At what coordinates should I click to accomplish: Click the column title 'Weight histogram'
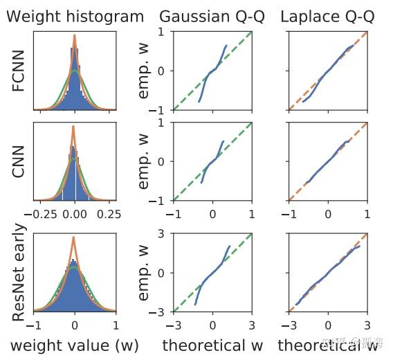pos(75,17)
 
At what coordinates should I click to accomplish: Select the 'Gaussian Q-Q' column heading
pos(212,17)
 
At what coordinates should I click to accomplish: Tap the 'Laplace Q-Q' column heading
pos(327,17)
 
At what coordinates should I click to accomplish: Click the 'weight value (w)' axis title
pos(74,345)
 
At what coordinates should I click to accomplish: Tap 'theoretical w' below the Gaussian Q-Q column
pos(213,345)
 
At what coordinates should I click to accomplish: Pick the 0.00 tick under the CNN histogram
pos(74,215)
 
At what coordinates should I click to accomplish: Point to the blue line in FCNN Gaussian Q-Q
pos(212,72)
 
